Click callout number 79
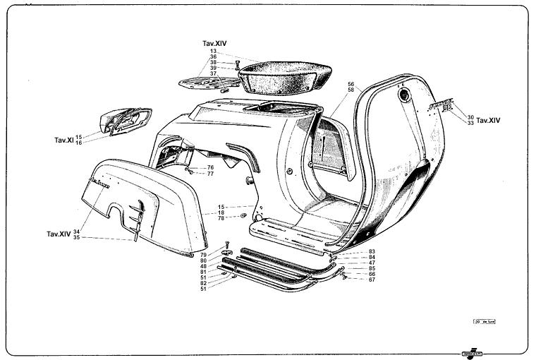[203, 254]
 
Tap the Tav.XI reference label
[63, 139]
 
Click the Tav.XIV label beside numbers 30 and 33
[489, 121]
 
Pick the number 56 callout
[351, 84]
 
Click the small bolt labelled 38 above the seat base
[237, 64]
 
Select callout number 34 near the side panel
[76, 231]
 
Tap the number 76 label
[209, 167]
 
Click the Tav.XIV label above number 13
[214, 43]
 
